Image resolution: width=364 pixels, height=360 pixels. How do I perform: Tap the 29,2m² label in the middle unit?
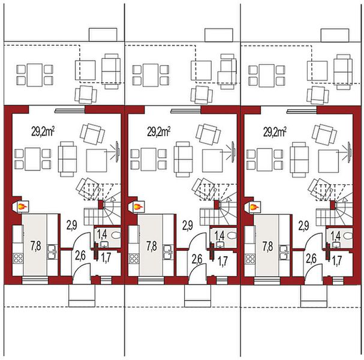coord(159,129)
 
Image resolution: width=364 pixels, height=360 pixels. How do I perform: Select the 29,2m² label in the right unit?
coord(275,129)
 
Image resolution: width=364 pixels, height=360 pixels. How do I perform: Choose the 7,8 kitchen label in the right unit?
coord(267,245)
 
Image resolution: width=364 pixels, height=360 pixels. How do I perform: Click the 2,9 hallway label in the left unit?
coord(71,226)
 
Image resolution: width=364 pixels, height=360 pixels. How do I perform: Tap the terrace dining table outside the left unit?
coord(34,74)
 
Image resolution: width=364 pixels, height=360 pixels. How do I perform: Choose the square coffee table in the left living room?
coord(97,160)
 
